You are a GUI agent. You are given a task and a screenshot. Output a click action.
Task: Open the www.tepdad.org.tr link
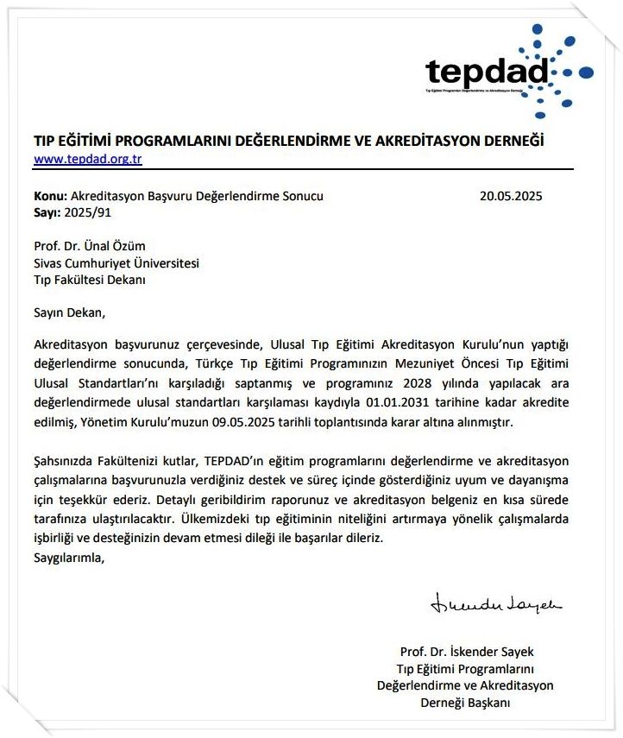coord(88,159)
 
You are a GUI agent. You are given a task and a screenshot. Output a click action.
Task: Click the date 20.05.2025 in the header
coord(511,196)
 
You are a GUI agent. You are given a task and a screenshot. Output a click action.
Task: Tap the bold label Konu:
coord(49,196)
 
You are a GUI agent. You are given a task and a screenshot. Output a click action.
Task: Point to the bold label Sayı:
coord(47,211)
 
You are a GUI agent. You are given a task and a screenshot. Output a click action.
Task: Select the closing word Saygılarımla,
coord(68,557)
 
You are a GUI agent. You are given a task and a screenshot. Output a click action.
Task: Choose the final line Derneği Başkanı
coord(466,703)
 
